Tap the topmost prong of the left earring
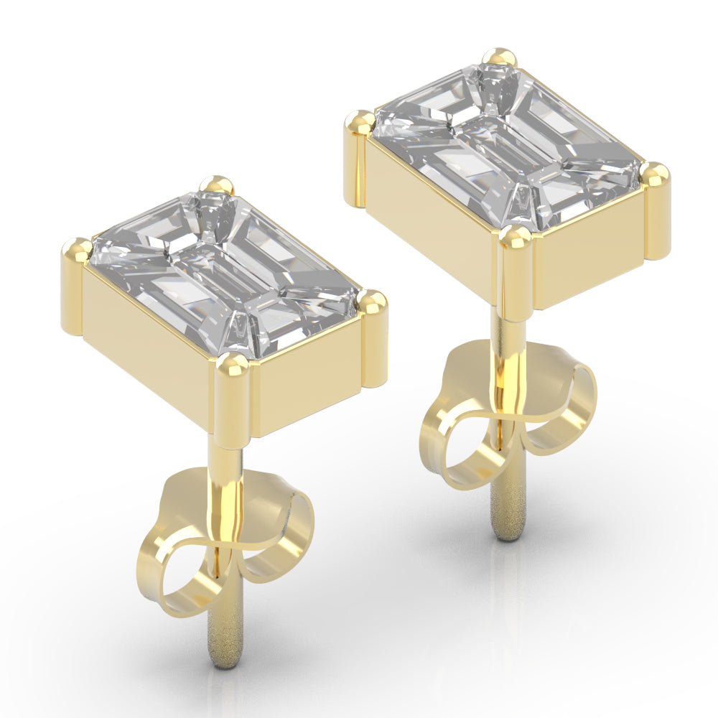tap(216, 185)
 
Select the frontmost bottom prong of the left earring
tap(232, 366)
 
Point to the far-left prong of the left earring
tap(75, 251)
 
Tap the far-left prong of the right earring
tap(358, 123)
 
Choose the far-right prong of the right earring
tap(655, 174)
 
